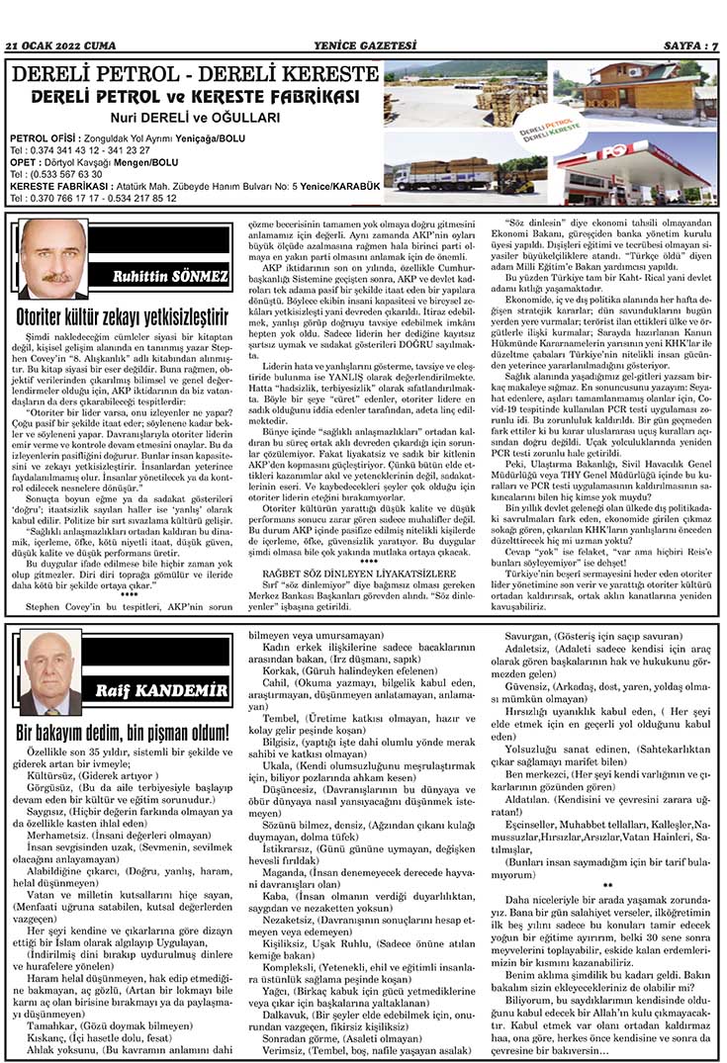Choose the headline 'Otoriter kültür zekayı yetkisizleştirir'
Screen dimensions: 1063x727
[123, 317]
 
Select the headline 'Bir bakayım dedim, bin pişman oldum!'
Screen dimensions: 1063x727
[123, 733]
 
